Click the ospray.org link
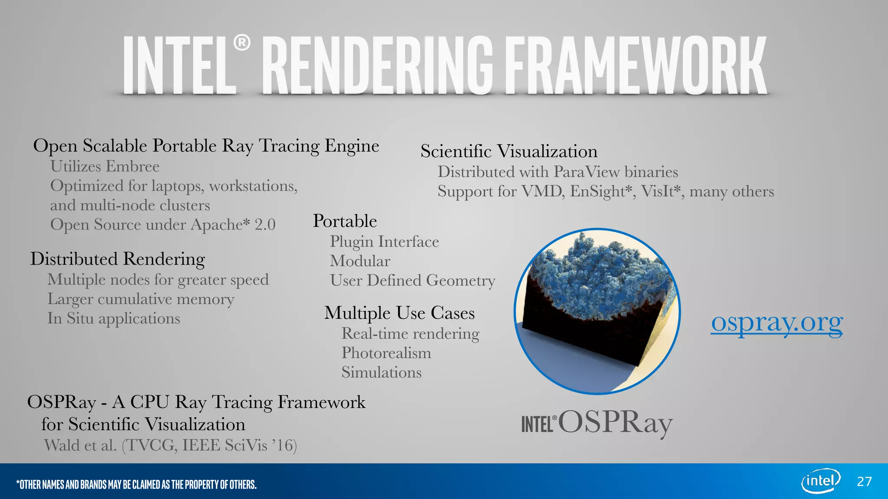pyautogui.click(x=777, y=323)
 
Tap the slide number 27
pyautogui.click(x=864, y=482)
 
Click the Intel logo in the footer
pyautogui.click(x=820, y=481)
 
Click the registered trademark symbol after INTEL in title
pyautogui.click(x=242, y=43)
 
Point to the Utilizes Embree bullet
pyautogui.click(x=104, y=166)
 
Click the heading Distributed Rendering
pyautogui.click(x=118, y=259)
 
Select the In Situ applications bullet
pyautogui.click(x=114, y=318)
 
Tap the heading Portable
pyautogui.click(x=345, y=221)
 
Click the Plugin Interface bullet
pyautogui.click(x=384, y=242)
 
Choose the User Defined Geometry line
pyautogui.click(x=412, y=281)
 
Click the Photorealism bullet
pyautogui.click(x=386, y=353)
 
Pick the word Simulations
pyautogui.click(x=381, y=373)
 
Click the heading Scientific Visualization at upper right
pyautogui.click(x=509, y=152)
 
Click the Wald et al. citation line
pyautogui.click(x=170, y=445)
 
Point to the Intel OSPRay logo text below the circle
pyautogui.click(x=597, y=423)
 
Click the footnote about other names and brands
pyautogui.click(x=136, y=484)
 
